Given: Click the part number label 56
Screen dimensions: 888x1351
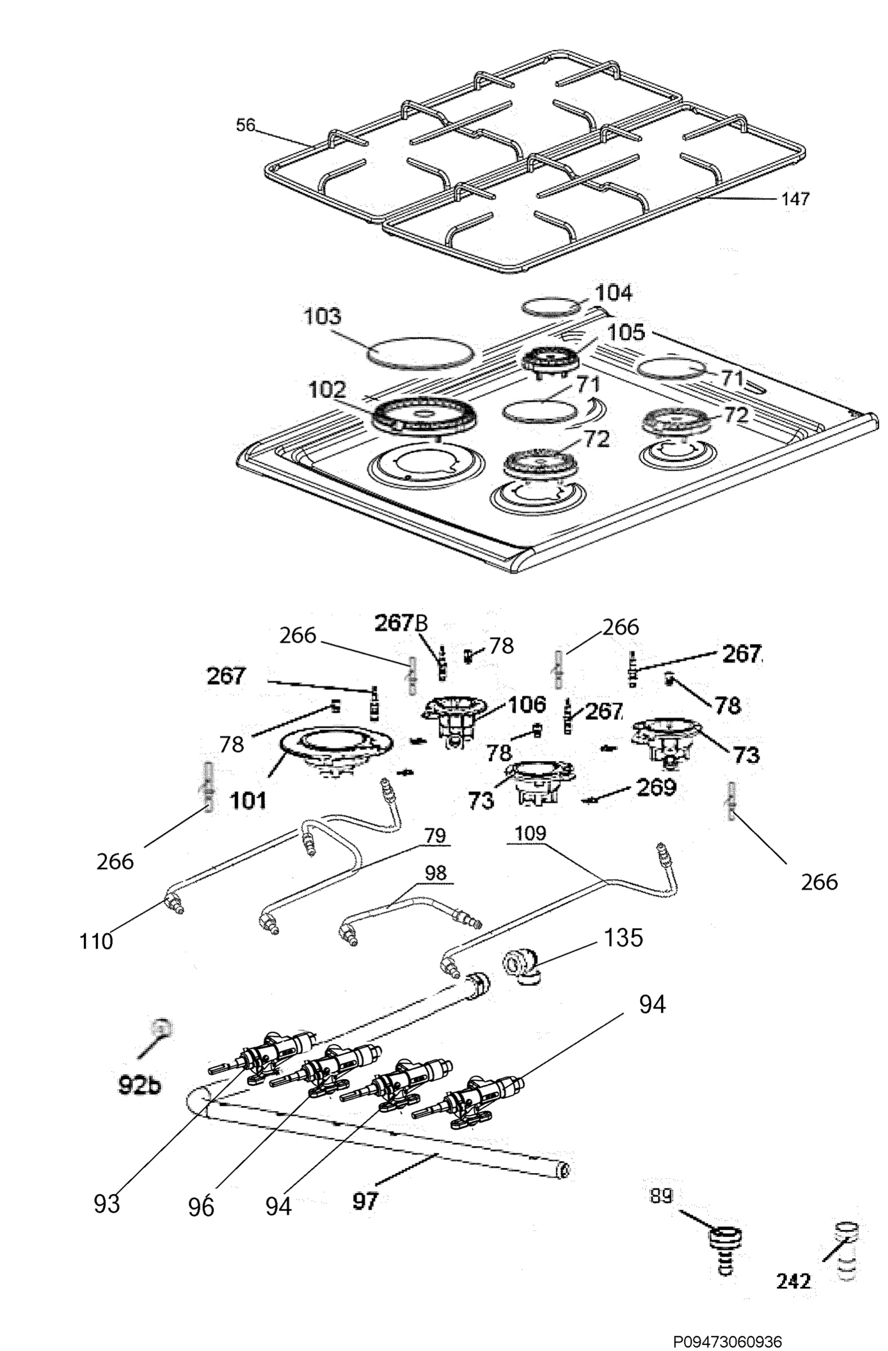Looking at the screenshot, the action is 246,125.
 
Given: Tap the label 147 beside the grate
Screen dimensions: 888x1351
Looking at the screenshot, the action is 795,199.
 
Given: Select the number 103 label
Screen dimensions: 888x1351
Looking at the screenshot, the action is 323,317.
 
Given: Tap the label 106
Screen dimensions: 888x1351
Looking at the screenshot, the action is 527,704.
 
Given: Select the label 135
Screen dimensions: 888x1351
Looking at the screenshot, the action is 623,938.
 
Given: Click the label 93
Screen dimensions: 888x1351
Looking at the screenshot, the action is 107,1204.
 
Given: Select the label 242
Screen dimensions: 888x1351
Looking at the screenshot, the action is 793,1281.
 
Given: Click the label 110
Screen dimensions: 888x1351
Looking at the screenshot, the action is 96,941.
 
